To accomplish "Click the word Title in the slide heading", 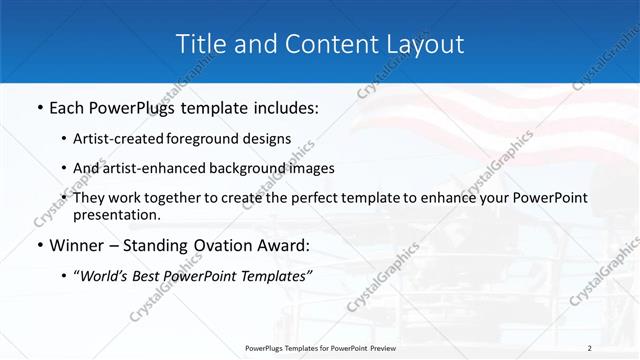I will point(201,44).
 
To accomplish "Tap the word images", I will point(308,168).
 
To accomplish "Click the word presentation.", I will point(116,214).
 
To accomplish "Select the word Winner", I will point(80,245).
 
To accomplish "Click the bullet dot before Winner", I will point(39,245).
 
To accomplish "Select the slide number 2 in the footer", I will point(589,348).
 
